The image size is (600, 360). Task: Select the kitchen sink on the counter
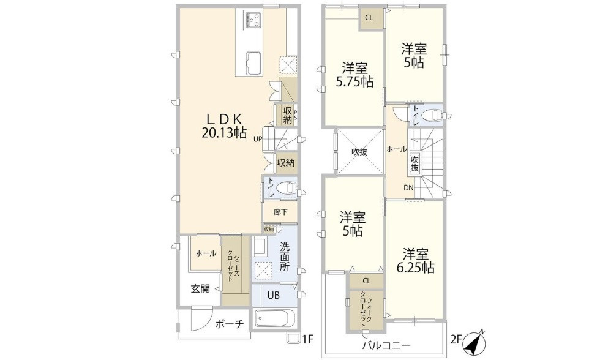[x=253, y=62]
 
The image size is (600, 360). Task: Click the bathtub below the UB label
[x=274, y=320]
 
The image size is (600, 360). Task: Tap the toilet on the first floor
[x=286, y=188]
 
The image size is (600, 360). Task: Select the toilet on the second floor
[x=434, y=115]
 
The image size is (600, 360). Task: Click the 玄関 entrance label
[x=200, y=288]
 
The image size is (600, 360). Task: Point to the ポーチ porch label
[x=230, y=324]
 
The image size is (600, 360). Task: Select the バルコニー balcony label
[x=386, y=345]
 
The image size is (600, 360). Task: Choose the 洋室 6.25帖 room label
[x=419, y=260]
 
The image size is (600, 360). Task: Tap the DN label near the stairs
[x=408, y=188]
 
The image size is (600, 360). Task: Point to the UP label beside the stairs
[x=259, y=139]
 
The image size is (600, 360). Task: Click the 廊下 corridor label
[x=280, y=212]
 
